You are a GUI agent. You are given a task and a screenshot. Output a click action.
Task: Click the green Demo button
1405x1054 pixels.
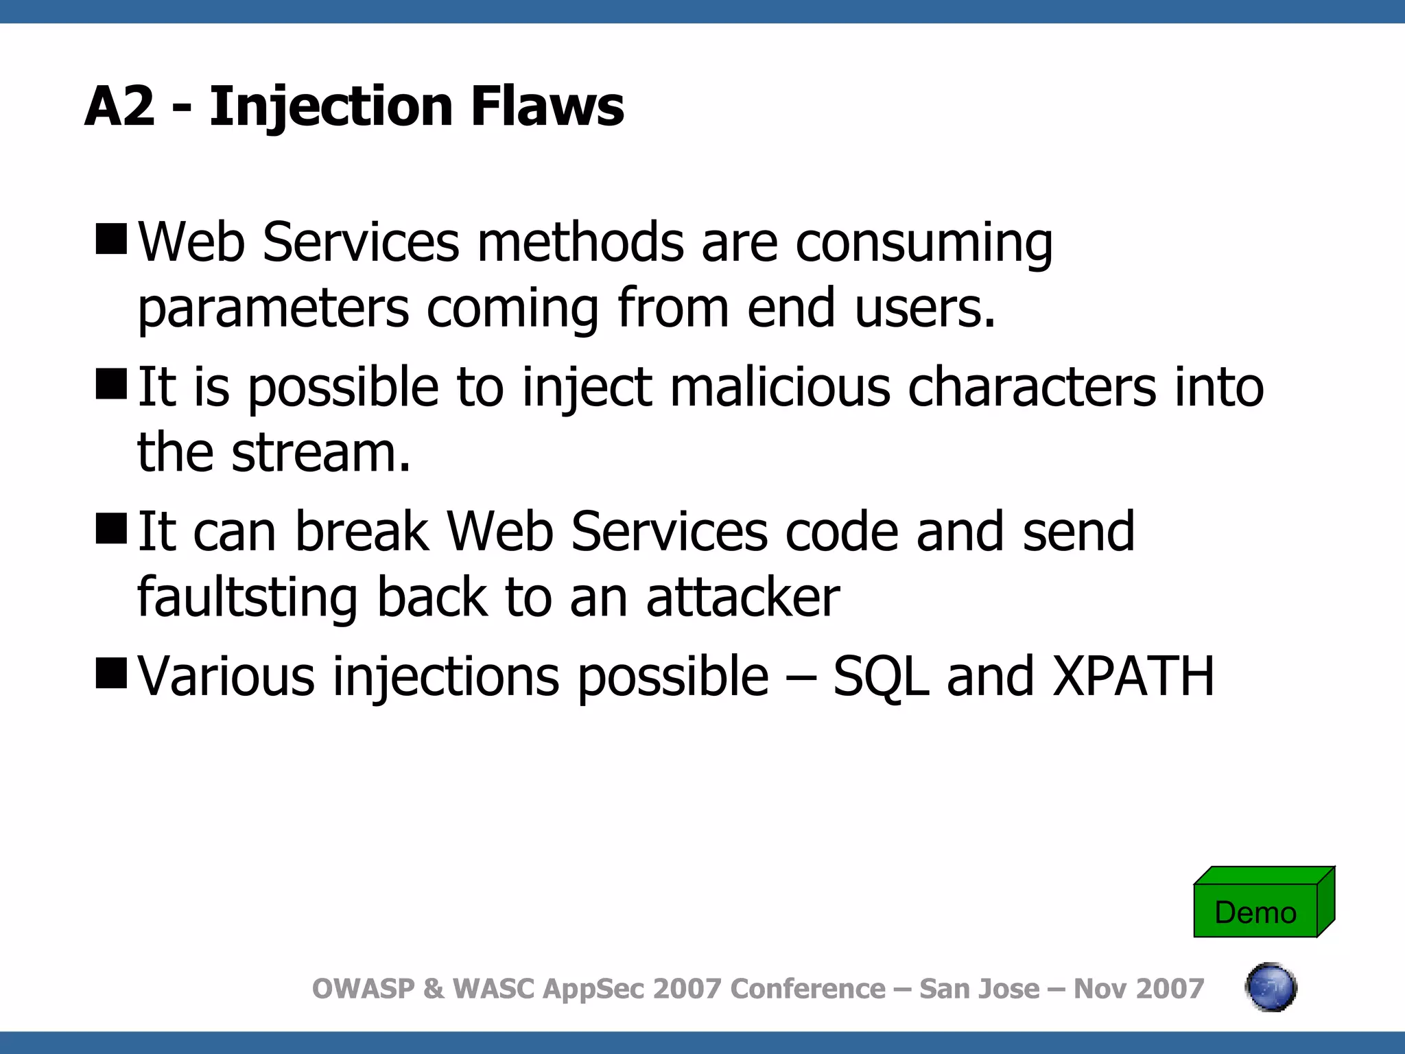[x=1256, y=911]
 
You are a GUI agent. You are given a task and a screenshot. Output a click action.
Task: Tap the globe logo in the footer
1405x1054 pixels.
[x=1271, y=987]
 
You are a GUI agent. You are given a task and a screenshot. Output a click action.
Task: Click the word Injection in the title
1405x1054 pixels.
[x=331, y=107]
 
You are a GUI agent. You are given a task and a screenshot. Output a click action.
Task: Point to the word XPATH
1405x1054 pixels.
[x=1133, y=677]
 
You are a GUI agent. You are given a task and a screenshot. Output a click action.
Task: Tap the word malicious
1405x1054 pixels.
[x=780, y=388]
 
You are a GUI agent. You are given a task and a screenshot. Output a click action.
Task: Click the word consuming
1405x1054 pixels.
[x=923, y=244]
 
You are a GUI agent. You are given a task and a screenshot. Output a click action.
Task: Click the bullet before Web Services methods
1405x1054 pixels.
[x=112, y=238]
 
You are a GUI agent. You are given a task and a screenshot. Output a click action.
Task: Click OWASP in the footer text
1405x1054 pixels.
[x=364, y=989]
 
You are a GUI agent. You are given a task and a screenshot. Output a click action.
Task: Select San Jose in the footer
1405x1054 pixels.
[x=979, y=989]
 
